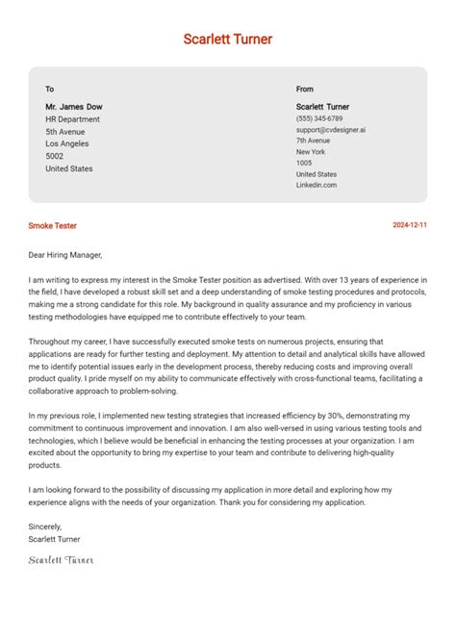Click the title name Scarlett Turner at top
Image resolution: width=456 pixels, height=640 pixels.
[x=228, y=39]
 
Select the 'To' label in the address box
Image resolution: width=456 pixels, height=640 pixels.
[x=50, y=90]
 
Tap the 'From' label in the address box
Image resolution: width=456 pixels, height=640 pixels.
[x=305, y=90]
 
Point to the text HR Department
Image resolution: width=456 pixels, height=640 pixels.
[x=72, y=119]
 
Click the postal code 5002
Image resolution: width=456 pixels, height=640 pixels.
[x=55, y=156]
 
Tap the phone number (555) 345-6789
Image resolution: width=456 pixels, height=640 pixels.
[x=318, y=118]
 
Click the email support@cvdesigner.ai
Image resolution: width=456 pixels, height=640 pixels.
[x=330, y=129]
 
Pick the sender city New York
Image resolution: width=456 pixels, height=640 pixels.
[x=311, y=151]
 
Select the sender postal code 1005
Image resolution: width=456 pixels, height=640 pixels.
[x=304, y=163]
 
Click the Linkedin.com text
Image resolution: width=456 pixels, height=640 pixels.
[x=317, y=185]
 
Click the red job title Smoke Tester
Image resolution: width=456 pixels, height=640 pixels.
[x=53, y=225]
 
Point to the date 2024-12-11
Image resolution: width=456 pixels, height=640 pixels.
[x=410, y=225]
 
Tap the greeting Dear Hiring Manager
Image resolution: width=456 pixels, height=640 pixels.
[x=64, y=255]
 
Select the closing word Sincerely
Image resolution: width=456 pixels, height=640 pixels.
[x=45, y=526]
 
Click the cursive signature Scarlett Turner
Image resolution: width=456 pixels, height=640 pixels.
[x=62, y=559]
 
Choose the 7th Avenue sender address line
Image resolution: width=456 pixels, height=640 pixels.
[x=314, y=141]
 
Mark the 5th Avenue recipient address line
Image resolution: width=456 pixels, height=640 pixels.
[x=65, y=131]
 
